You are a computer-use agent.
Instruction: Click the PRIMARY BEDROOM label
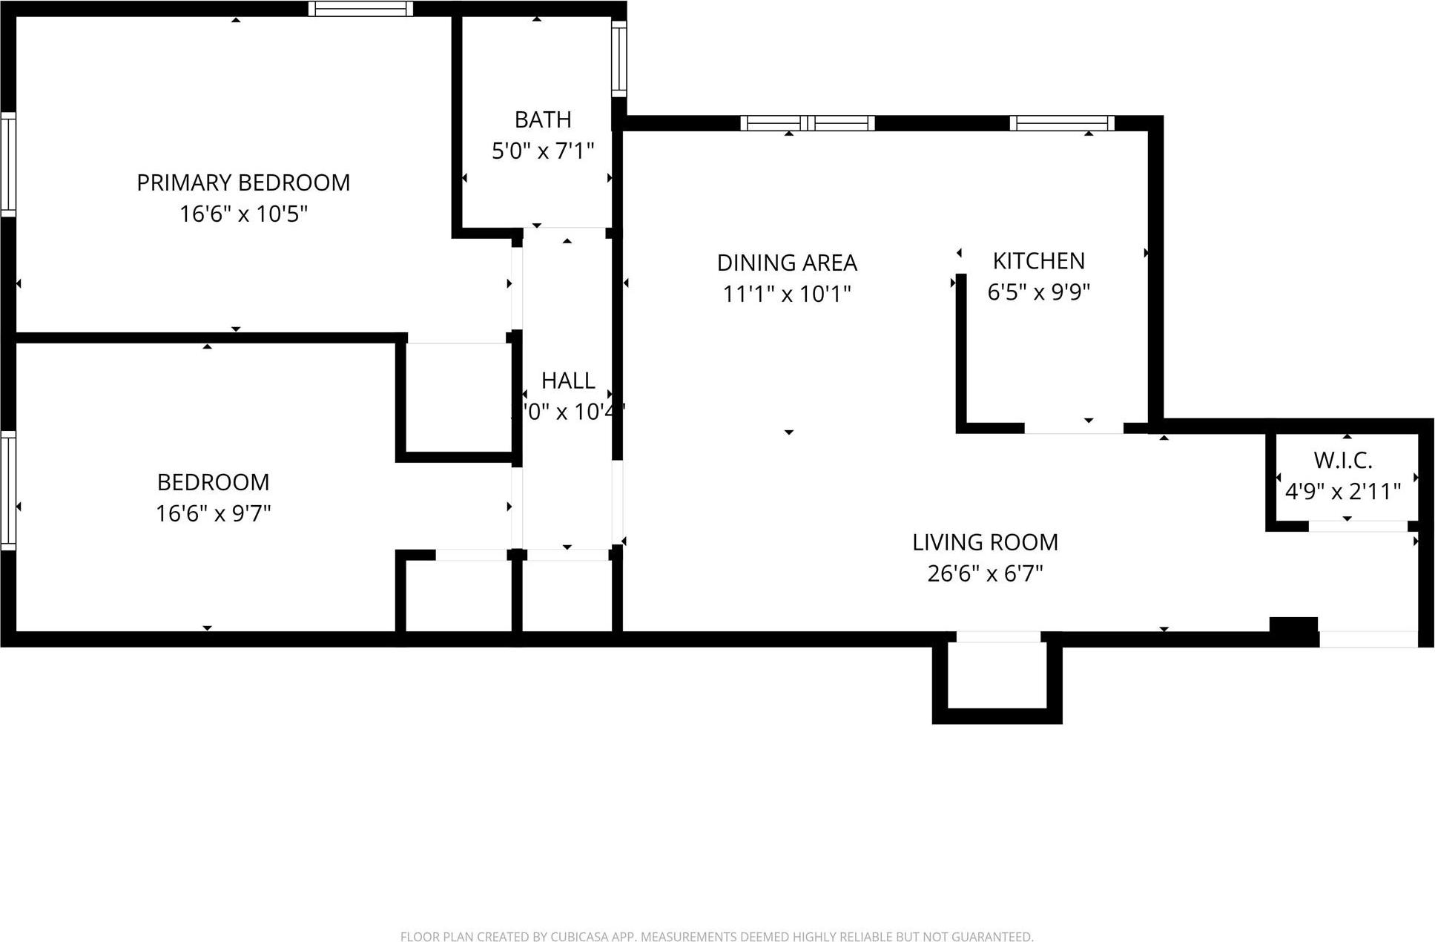coord(243,182)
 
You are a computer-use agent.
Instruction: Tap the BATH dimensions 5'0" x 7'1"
coord(543,151)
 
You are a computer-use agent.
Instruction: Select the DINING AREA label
coord(787,263)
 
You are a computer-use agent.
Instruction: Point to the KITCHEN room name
coord(1038,261)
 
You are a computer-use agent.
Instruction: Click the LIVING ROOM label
coord(985,542)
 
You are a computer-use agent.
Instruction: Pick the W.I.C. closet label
coord(1343,461)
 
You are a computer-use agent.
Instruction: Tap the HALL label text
coord(568,381)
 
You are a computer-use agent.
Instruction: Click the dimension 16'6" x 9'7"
coord(214,513)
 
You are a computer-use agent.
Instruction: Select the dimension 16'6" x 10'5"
coord(243,214)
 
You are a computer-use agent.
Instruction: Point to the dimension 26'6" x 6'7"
coord(985,573)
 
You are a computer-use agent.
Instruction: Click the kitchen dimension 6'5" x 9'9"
coord(1038,292)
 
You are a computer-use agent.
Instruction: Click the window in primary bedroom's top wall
coord(360,9)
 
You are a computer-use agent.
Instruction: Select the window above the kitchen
coord(1062,123)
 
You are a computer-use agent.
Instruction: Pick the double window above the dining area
coord(808,123)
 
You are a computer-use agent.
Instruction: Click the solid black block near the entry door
coord(1293,625)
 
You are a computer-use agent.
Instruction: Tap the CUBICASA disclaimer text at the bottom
coord(716,937)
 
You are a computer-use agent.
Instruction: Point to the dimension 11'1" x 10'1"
coord(787,294)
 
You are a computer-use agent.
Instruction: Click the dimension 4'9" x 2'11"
coord(1343,492)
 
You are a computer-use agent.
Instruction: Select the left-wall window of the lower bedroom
coord(8,490)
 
